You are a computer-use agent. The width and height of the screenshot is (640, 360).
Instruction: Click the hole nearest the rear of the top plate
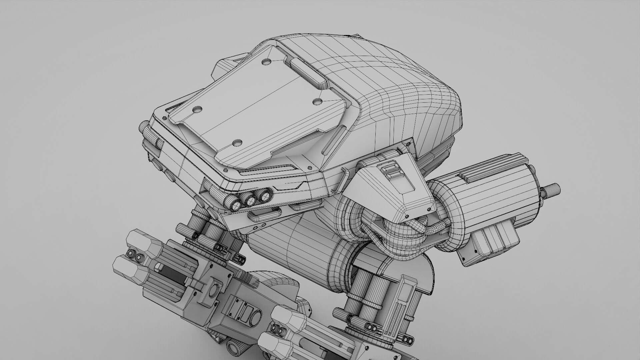tap(267, 62)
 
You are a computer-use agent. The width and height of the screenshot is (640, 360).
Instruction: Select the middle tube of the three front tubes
tap(250, 200)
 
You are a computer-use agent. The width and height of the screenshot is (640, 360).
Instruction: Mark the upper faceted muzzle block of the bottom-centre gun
tap(288, 319)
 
